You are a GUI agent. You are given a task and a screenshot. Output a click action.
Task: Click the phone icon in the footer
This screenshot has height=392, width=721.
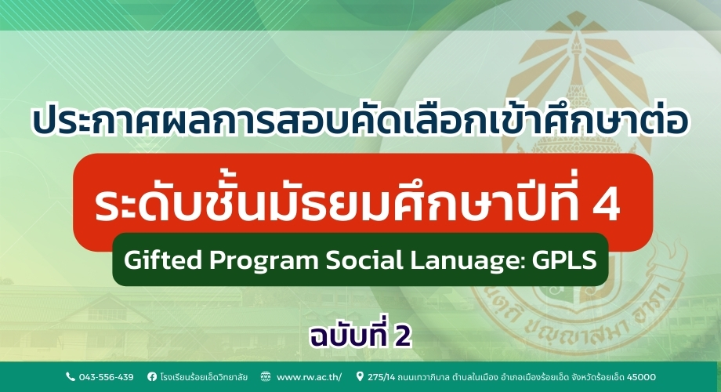(70, 376)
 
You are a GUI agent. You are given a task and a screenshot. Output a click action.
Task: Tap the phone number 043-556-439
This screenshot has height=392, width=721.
(105, 376)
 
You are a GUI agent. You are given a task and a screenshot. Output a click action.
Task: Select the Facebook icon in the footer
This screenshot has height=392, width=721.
(151, 376)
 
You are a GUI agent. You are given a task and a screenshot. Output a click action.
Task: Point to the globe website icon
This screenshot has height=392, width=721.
(266, 376)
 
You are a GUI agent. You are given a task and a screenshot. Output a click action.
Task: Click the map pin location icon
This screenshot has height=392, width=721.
(360, 376)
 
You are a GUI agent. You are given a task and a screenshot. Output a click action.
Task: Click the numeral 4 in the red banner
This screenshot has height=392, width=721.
(604, 203)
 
